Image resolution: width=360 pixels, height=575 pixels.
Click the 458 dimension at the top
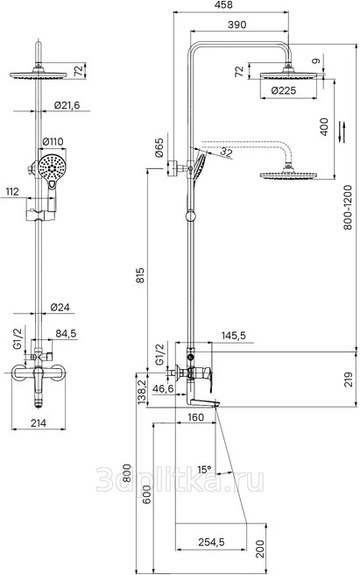pyautogui.click(x=222, y=5)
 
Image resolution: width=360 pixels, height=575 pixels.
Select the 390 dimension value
pyautogui.click(x=236, y=25)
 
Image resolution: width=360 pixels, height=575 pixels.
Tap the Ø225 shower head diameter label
pyautogui.click(x=284, y=90)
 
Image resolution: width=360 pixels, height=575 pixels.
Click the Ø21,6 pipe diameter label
pyautogui.click(x=67, y=105)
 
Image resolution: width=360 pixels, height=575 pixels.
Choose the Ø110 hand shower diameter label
pyautogui.click(x=53, y=141)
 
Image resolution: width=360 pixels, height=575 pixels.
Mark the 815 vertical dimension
pyautogui.click(x=140, y=275)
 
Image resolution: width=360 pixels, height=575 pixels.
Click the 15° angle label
pyautogui.click(x=204, y=469)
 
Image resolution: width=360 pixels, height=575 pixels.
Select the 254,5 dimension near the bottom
pyautogui.click(x=211, y=542)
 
